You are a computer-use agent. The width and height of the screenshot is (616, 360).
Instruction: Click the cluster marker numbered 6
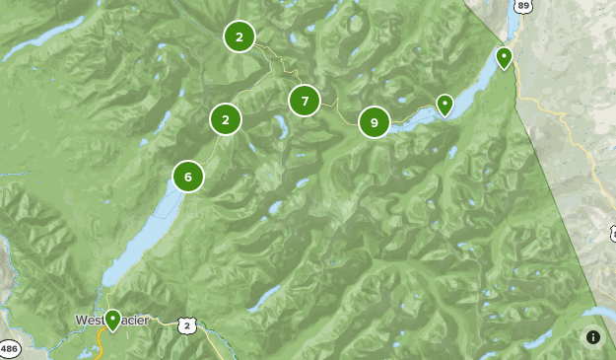pos(187,178)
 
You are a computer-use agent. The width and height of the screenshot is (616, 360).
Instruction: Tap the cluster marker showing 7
pos(305,101)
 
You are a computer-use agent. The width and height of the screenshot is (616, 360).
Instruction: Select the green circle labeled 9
pos(374,122)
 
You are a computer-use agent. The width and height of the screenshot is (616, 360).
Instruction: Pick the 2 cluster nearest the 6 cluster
pos(226,120)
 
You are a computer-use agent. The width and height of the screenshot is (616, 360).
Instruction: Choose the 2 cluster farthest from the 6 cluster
pos(239,37)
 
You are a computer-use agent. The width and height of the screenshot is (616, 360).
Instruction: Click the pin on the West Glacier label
pos(113,320)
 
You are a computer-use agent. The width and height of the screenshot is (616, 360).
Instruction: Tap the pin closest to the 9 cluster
pos(445,105)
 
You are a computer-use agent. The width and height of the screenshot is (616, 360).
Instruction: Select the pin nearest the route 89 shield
pos(504,58)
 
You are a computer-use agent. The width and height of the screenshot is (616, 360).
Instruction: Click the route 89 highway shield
pos(523,6)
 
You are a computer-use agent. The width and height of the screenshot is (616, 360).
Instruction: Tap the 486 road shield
pos(10,348)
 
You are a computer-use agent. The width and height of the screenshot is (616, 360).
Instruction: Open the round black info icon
pos(593,336)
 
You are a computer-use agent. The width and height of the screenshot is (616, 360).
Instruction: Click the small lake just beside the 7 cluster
pos(282,127)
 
